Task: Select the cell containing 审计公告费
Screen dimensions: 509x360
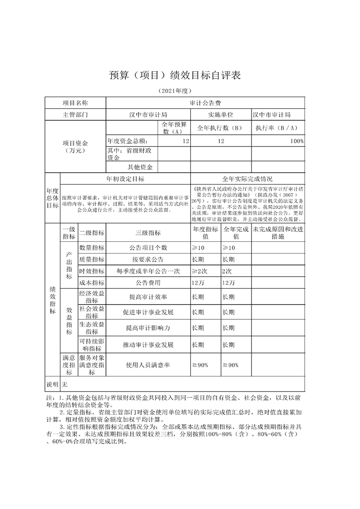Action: (x=205, y=103)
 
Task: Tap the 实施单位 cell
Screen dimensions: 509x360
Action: (x=221, y=115)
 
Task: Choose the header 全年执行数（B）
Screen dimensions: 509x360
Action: (x=221, y=128)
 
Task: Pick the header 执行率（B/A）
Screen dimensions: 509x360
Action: (x=277, y=128)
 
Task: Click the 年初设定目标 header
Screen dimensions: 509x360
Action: (x=125, y=179)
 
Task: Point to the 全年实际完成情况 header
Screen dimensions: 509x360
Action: (x=247, y=179)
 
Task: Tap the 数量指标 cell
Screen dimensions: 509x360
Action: (x=92, y=248)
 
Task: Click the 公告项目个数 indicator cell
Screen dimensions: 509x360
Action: (x=148, y=248)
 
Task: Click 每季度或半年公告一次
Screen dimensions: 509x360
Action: (x=148, y=271)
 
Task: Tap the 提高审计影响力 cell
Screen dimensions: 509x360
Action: (x=148, y=328)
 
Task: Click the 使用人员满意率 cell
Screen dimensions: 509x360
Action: (x=148, y=365)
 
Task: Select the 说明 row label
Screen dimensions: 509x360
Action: (x=52, y=385)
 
